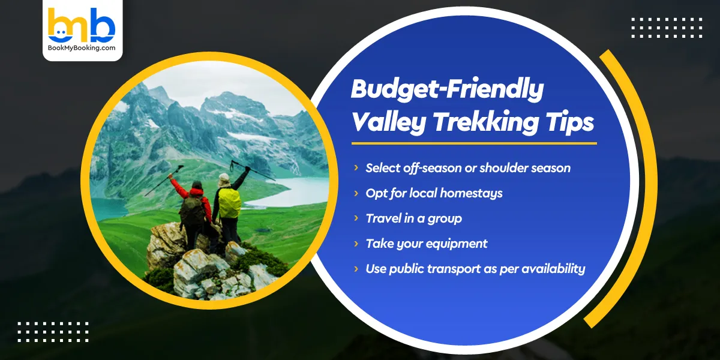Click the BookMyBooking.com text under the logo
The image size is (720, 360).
click(82, 48)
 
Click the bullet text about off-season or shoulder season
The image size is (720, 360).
click(468, 168)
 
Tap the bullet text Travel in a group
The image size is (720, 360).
click(414, 218)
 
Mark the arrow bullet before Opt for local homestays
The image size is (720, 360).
click(356, 193)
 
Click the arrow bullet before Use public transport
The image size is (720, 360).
click(356, 269)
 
